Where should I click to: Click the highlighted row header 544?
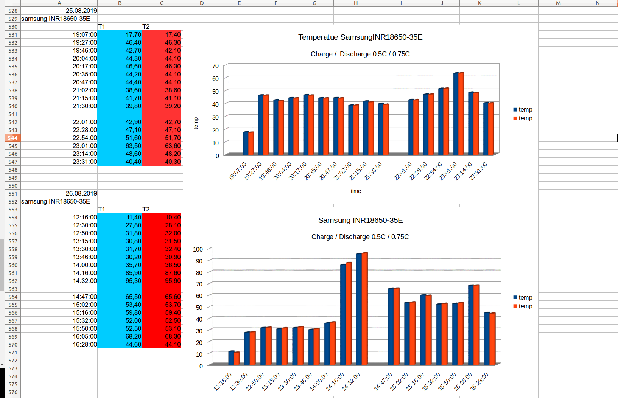tap(12, 138)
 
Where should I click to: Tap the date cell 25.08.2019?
tap(81, 11)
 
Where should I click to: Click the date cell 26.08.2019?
tap(81, 193)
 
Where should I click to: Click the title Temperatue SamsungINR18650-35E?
tap(360, 37)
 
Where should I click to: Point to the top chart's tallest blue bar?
tap(456, 113)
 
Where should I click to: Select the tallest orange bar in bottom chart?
tap(364, 308)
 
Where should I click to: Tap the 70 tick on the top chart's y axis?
tap(215, 66)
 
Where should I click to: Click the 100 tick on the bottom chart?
tap(198, 249)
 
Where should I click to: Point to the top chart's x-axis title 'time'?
tap(356, 191)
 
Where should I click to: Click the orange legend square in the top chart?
tap(515, 118)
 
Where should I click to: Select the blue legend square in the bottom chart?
tap(515, 297)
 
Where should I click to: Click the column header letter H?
tap(355, 3)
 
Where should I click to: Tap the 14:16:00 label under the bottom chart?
tap(335, 381)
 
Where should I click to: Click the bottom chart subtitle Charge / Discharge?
tap(360, 237)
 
